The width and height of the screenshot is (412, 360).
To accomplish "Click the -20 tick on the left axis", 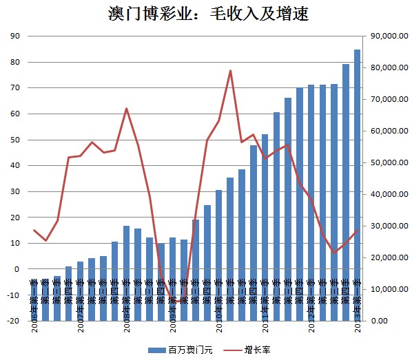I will (12, 321).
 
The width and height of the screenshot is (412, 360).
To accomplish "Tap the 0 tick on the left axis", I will (17, 269).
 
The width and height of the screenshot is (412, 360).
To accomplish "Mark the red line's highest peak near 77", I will (230, 70).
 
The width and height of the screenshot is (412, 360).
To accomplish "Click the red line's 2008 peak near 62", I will (127, 109).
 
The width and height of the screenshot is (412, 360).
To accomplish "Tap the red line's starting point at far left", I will (34, 230).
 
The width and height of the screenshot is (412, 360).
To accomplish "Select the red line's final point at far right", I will (358, 231).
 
